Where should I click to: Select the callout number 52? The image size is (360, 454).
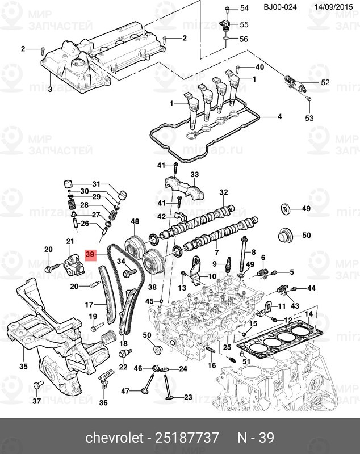coord(325,83)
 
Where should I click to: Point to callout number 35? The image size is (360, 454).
coord(23,367)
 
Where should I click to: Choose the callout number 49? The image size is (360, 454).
coord(306,209)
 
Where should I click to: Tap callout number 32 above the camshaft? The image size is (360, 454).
coord(223,192)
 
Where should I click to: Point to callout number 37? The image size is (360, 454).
coord(36,401)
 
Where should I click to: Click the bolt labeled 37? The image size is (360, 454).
coord(37,386)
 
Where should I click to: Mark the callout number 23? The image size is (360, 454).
coord(188,397)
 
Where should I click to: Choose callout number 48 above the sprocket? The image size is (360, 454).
coord(135,221)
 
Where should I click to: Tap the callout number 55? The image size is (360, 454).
coord(244,24)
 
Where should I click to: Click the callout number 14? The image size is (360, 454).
coord(308,314)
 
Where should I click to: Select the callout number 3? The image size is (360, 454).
coord(49,90)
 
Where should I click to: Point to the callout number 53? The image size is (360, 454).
coord(309,118)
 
